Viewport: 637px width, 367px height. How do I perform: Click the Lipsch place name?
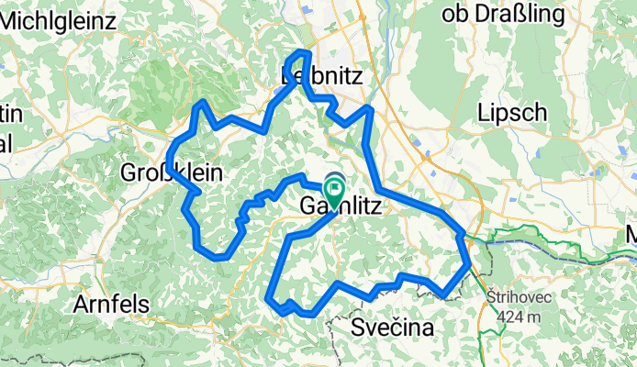tap(513, 113)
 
